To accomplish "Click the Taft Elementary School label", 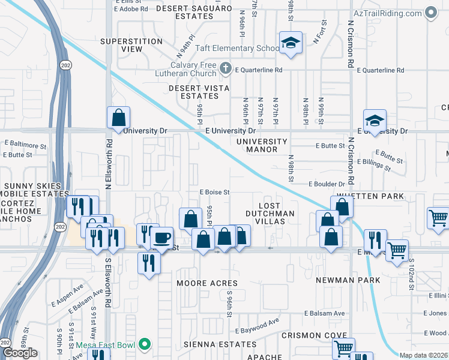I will click(240, 49).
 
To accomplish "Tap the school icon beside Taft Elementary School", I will click(291, 44).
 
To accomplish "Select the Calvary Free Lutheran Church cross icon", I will click(225, 67).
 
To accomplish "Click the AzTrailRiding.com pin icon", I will click(430, 12).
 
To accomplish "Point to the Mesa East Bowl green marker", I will click(144, 344).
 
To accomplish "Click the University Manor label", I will click(262, 145).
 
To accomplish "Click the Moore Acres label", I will click(207, 283).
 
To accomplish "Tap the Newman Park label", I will click(349, 280).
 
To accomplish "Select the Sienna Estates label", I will click(220, 344).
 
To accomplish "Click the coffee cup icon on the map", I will click(161, 237).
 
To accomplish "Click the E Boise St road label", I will click(215, 193).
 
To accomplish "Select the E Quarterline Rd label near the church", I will click(259, 70).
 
